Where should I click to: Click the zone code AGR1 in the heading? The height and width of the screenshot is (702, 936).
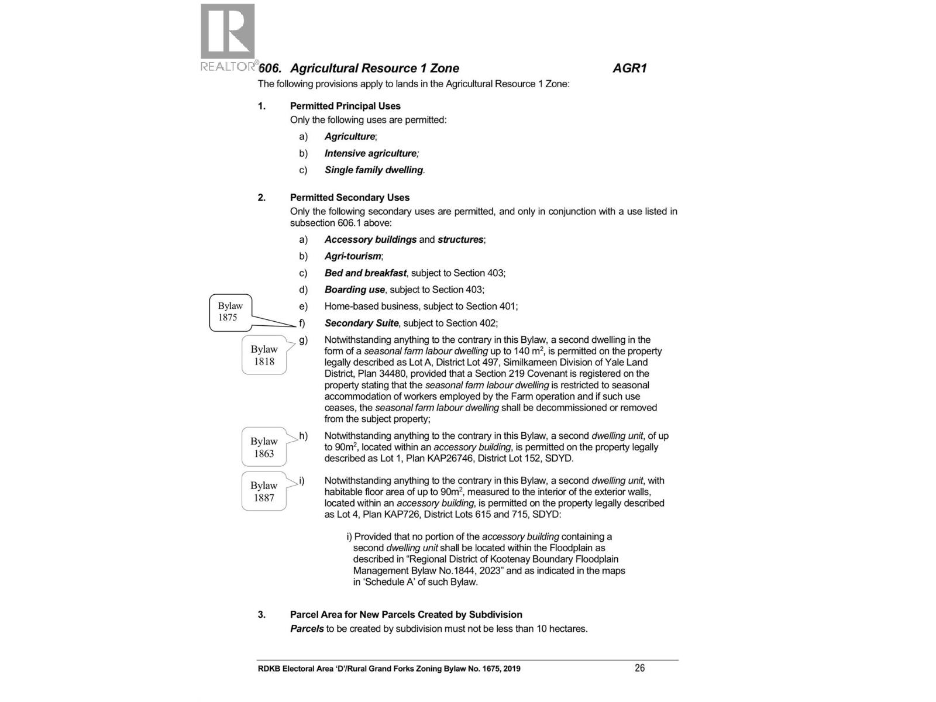(629, 68)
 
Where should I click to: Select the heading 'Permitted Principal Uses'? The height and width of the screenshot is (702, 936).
(345, 106)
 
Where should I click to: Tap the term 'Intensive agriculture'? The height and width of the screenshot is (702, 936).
(371, 153)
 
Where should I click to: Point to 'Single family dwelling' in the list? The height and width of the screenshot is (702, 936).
(374, 170)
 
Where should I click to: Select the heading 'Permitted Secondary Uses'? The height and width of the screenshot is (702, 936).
(349, 198)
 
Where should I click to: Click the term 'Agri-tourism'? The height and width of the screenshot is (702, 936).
(353, 256)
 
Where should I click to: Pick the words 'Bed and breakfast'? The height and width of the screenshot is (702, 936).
(365, 273)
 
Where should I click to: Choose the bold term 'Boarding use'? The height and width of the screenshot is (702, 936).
(355, 290)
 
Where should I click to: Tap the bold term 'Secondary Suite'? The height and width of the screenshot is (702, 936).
(362, 323)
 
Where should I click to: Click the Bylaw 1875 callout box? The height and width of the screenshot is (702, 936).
(230, 312)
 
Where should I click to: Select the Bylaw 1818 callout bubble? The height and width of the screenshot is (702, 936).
(264, 355)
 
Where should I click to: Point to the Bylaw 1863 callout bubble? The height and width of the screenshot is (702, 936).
(264, 448)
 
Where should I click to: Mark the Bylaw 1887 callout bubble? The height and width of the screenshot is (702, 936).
(264, 491)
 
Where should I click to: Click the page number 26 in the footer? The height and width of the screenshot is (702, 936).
(639, 668)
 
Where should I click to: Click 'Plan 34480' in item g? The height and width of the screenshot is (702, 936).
(381, 374)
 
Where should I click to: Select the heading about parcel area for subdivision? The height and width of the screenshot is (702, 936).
(406, 614)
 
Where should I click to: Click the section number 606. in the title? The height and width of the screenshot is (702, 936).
(270, 68)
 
